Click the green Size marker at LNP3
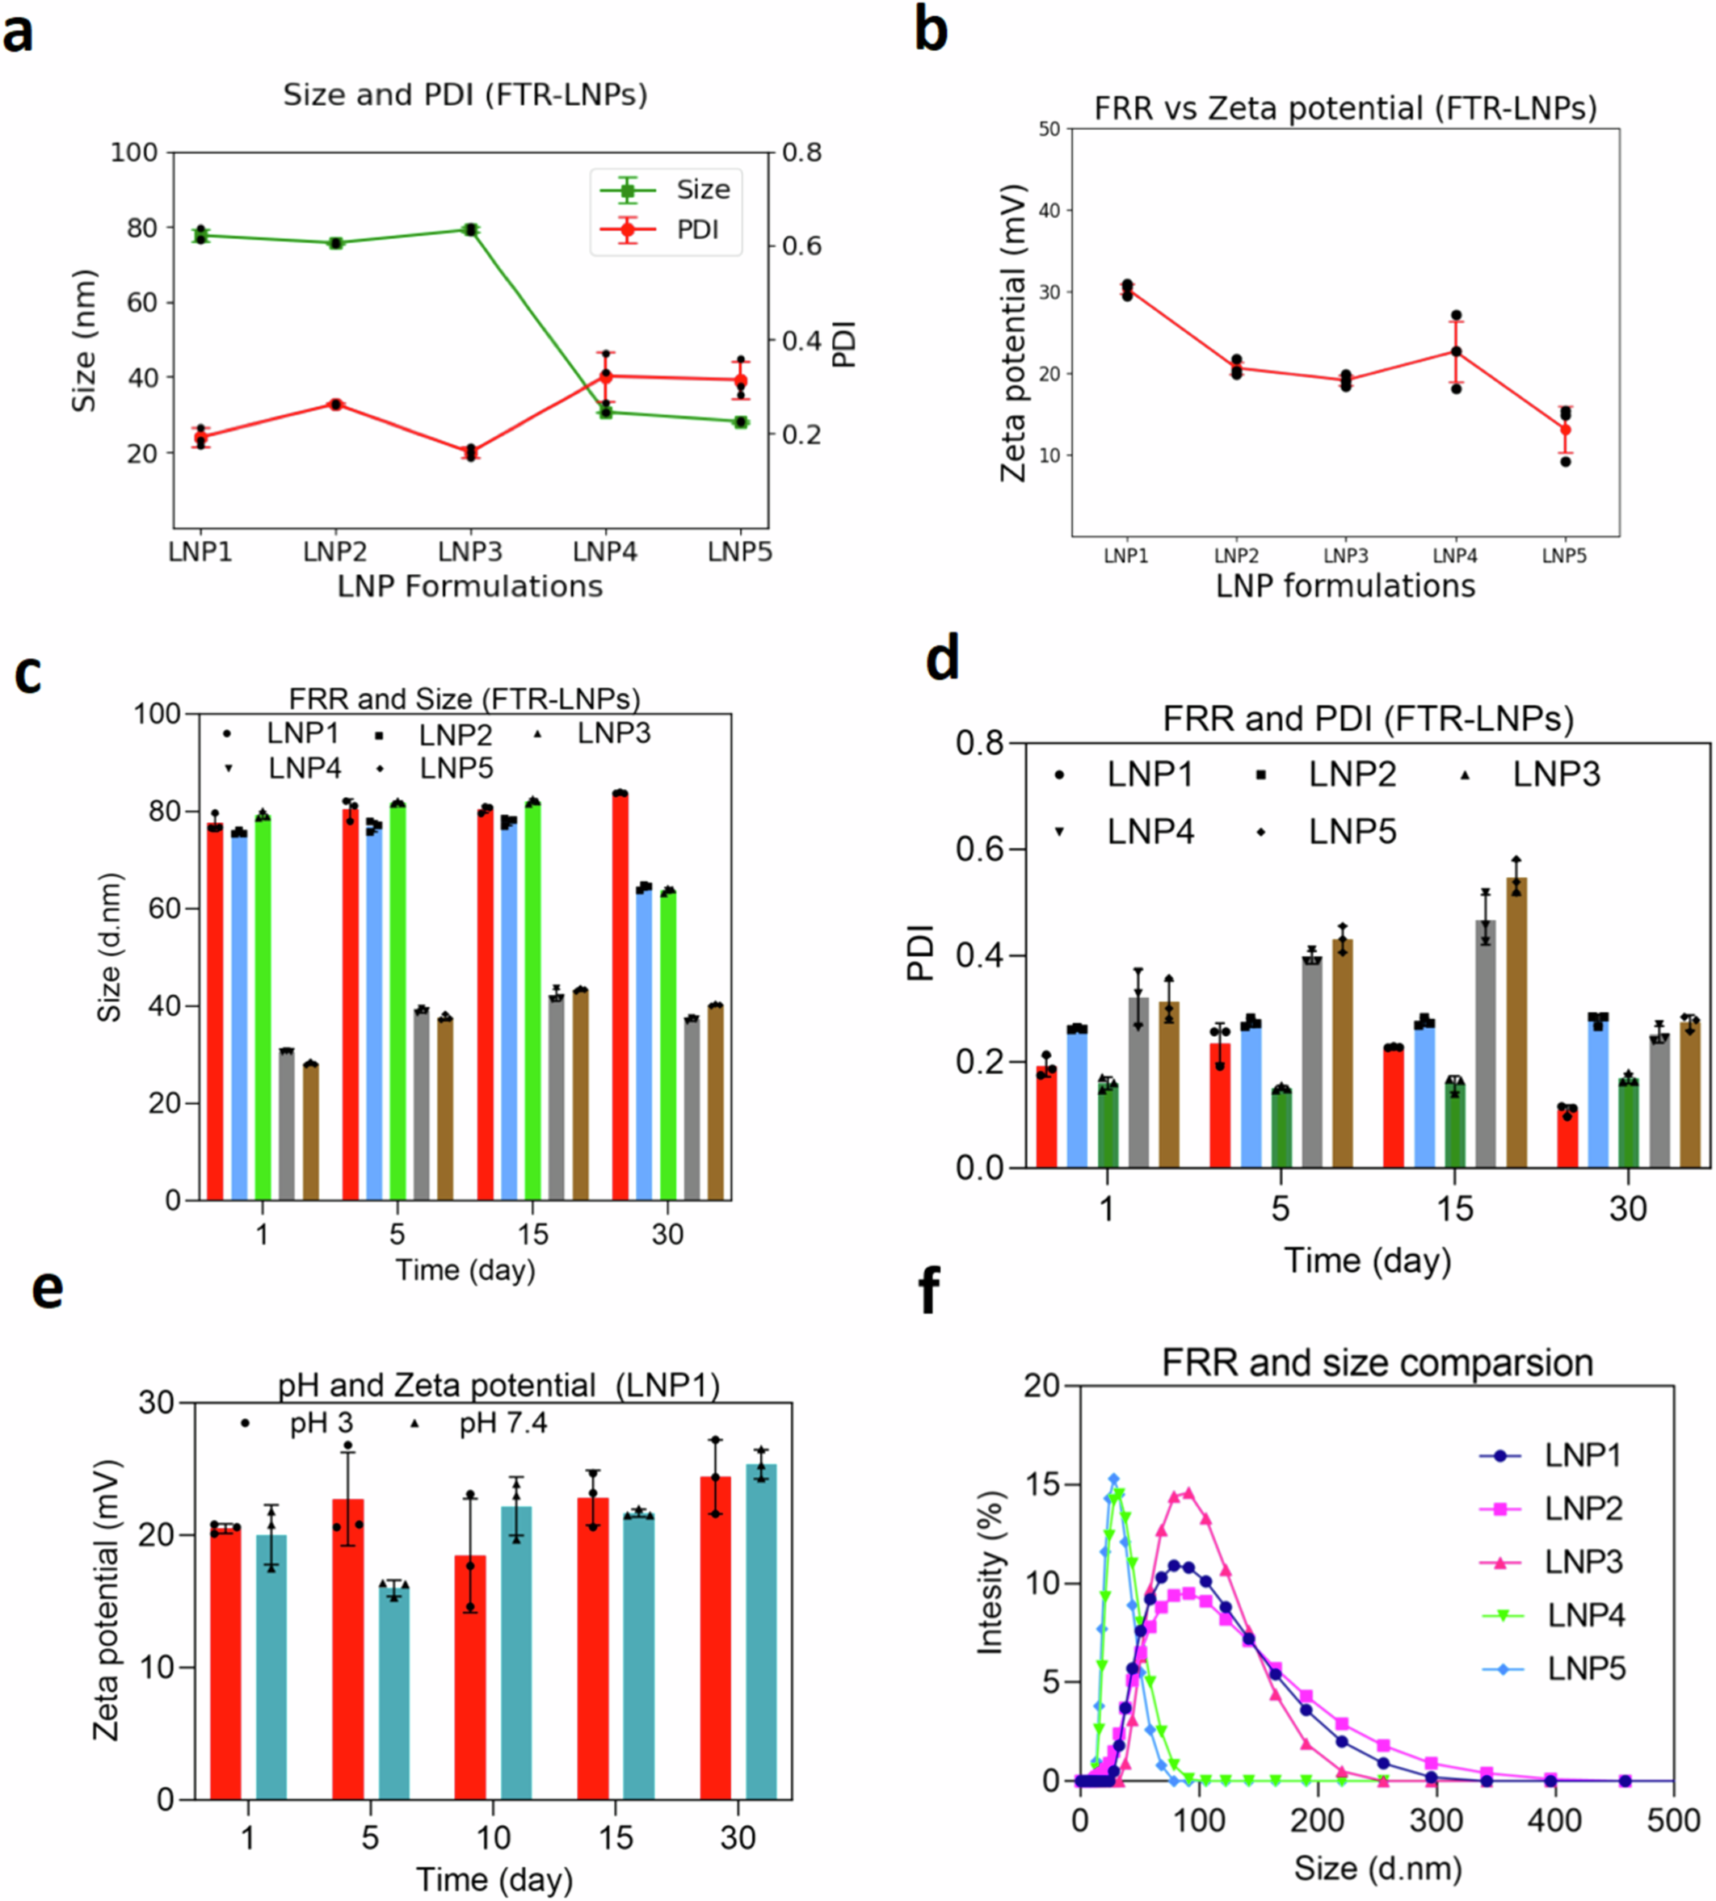tap(470, 230)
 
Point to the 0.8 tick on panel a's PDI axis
tap(801, 153)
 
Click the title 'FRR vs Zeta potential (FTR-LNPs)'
tap(1345, 108)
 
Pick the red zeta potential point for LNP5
tap(1565, 430)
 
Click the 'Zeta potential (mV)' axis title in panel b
tap(1014, 333)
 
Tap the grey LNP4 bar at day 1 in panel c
tap(287, 1124)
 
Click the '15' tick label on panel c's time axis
tap(532, 1234)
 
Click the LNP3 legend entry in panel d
tap(1556, 774)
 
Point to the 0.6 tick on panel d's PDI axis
tap(981, 850)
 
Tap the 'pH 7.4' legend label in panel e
tap(503, 1423)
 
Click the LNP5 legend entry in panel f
tap(1586, 1669)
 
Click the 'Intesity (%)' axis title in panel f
tap(990, 1573)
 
